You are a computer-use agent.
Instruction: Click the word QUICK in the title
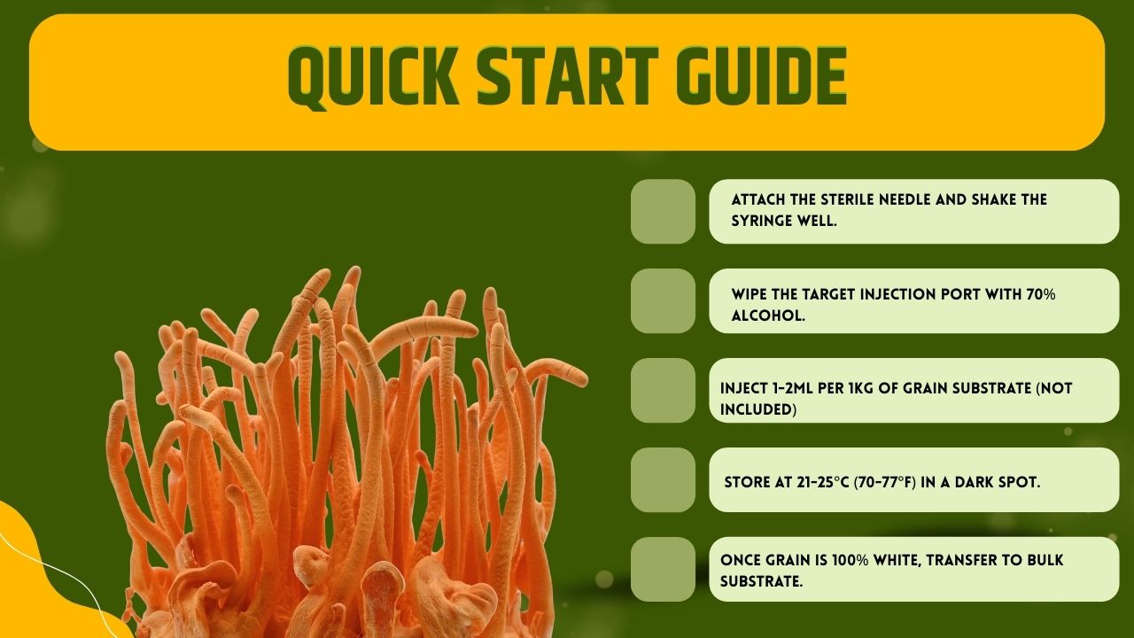[374, 77]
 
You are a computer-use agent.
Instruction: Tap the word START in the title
[569, 76]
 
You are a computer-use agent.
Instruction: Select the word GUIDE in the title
[762, 76]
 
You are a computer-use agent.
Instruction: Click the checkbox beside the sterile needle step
[663, 211]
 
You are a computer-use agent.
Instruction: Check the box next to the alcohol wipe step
[663, 300]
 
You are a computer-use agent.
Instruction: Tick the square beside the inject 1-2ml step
[663, 391]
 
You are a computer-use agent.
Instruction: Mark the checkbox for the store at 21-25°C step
[663, 479]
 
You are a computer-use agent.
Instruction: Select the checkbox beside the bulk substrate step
[663, 569]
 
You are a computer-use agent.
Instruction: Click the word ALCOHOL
[768, 316]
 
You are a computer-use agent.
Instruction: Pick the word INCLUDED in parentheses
[757, 409]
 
